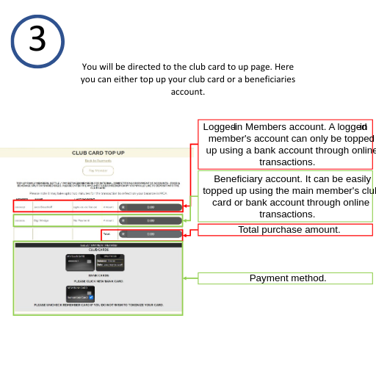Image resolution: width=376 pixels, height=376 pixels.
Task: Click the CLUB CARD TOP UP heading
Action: point(98,153)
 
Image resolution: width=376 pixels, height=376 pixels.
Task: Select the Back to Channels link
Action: point(98,160)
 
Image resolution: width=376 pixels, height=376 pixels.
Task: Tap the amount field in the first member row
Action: point(150,207)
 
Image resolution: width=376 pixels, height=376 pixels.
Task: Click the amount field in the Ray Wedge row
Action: point(150,220)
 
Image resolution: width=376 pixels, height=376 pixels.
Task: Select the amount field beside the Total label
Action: point(150,234)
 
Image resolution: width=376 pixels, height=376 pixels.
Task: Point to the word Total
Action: point(106,234)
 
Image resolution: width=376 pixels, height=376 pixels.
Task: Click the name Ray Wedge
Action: point(41,220)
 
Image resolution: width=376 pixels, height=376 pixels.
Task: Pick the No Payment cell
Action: point(81,220)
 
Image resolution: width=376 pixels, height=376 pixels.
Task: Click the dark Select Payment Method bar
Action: point(98,245)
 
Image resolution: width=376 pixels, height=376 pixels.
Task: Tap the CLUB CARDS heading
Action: point(98,250)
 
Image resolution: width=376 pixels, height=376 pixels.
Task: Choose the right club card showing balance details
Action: point(110,262)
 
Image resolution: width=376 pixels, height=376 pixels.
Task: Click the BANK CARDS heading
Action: point(98,275)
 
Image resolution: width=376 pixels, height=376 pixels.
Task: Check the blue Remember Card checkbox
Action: point(91,297)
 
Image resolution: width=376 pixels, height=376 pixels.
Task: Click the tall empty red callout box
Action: point(285,144)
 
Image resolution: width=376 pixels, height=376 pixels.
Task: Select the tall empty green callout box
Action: point(285,196)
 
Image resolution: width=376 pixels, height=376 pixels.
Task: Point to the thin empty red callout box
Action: point(285,230)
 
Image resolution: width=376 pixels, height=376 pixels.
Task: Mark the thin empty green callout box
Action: point(285,278)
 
